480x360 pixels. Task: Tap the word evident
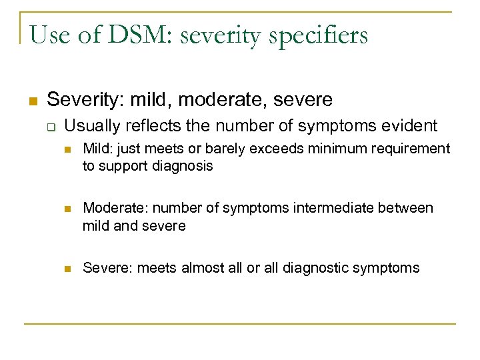410,126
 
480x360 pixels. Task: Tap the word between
407,208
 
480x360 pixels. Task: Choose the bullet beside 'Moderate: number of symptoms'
66,209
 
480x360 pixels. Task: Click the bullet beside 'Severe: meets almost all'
66,269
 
